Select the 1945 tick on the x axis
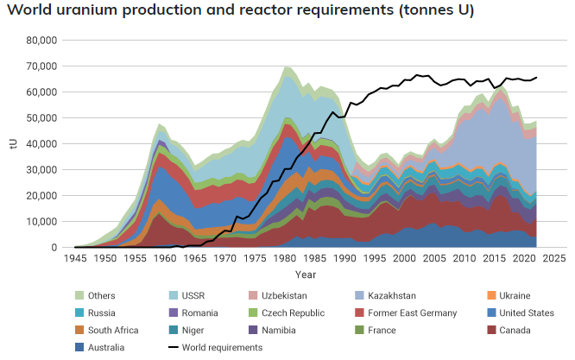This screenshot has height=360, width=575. tap(76, 258)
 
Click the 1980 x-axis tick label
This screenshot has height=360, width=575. tap(285, 258)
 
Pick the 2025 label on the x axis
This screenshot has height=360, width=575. tap(553, 258)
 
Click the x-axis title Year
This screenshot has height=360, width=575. tap(305, 275)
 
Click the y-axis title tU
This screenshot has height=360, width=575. tap(12, 143)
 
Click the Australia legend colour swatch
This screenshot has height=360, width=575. tap(81, 348)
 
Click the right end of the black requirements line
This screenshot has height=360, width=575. tap(536, 78)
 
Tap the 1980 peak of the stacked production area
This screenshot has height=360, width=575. tap(285, 66)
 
